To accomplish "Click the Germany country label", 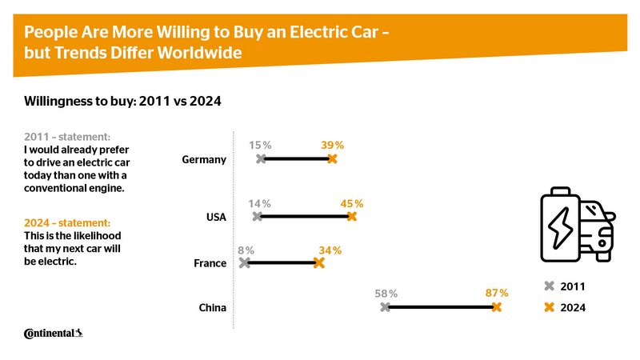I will tap(205, 160).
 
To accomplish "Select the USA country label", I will tap(216, 217).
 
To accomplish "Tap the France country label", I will tap(210, 263).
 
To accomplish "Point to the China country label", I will tap(212, 308).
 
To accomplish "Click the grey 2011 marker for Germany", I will tap(261, 159).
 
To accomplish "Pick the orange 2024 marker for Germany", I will tap(332, 159).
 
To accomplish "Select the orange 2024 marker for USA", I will tap(351, 216).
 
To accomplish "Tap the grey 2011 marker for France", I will tap(245, 262).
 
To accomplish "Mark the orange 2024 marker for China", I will tap(497, 307).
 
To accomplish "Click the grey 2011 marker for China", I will tap(386, 307).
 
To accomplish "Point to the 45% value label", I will tap(352, 204).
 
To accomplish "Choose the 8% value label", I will tap(245, 250).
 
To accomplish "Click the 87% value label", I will tap(497, 294).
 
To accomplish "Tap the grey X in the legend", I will tap(549, 286).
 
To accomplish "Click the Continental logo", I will tap(54, 333).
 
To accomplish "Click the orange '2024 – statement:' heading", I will tap(67, 222).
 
